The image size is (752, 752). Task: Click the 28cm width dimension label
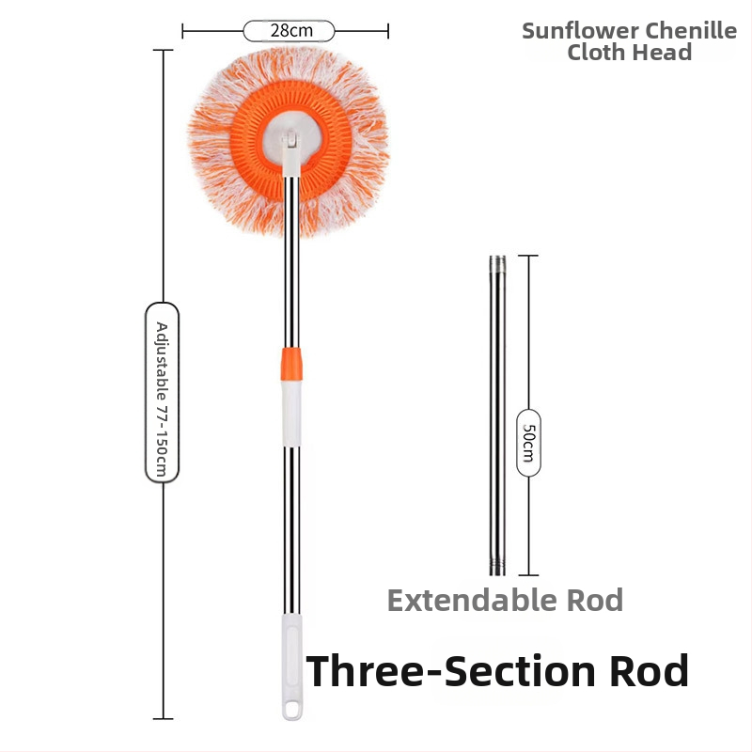coord(290,31)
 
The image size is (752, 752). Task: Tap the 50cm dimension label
coord(528,442)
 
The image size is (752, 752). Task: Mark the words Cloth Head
coord(630,53)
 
